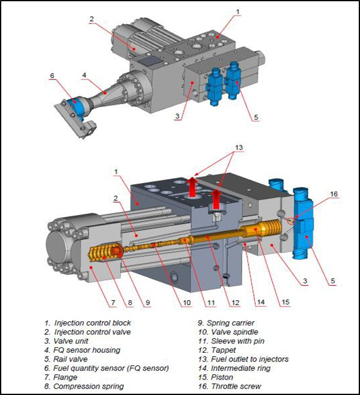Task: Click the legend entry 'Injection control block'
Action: pos(92,323)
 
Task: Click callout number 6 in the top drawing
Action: pos(52,76)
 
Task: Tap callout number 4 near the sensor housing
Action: pos(84,76)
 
